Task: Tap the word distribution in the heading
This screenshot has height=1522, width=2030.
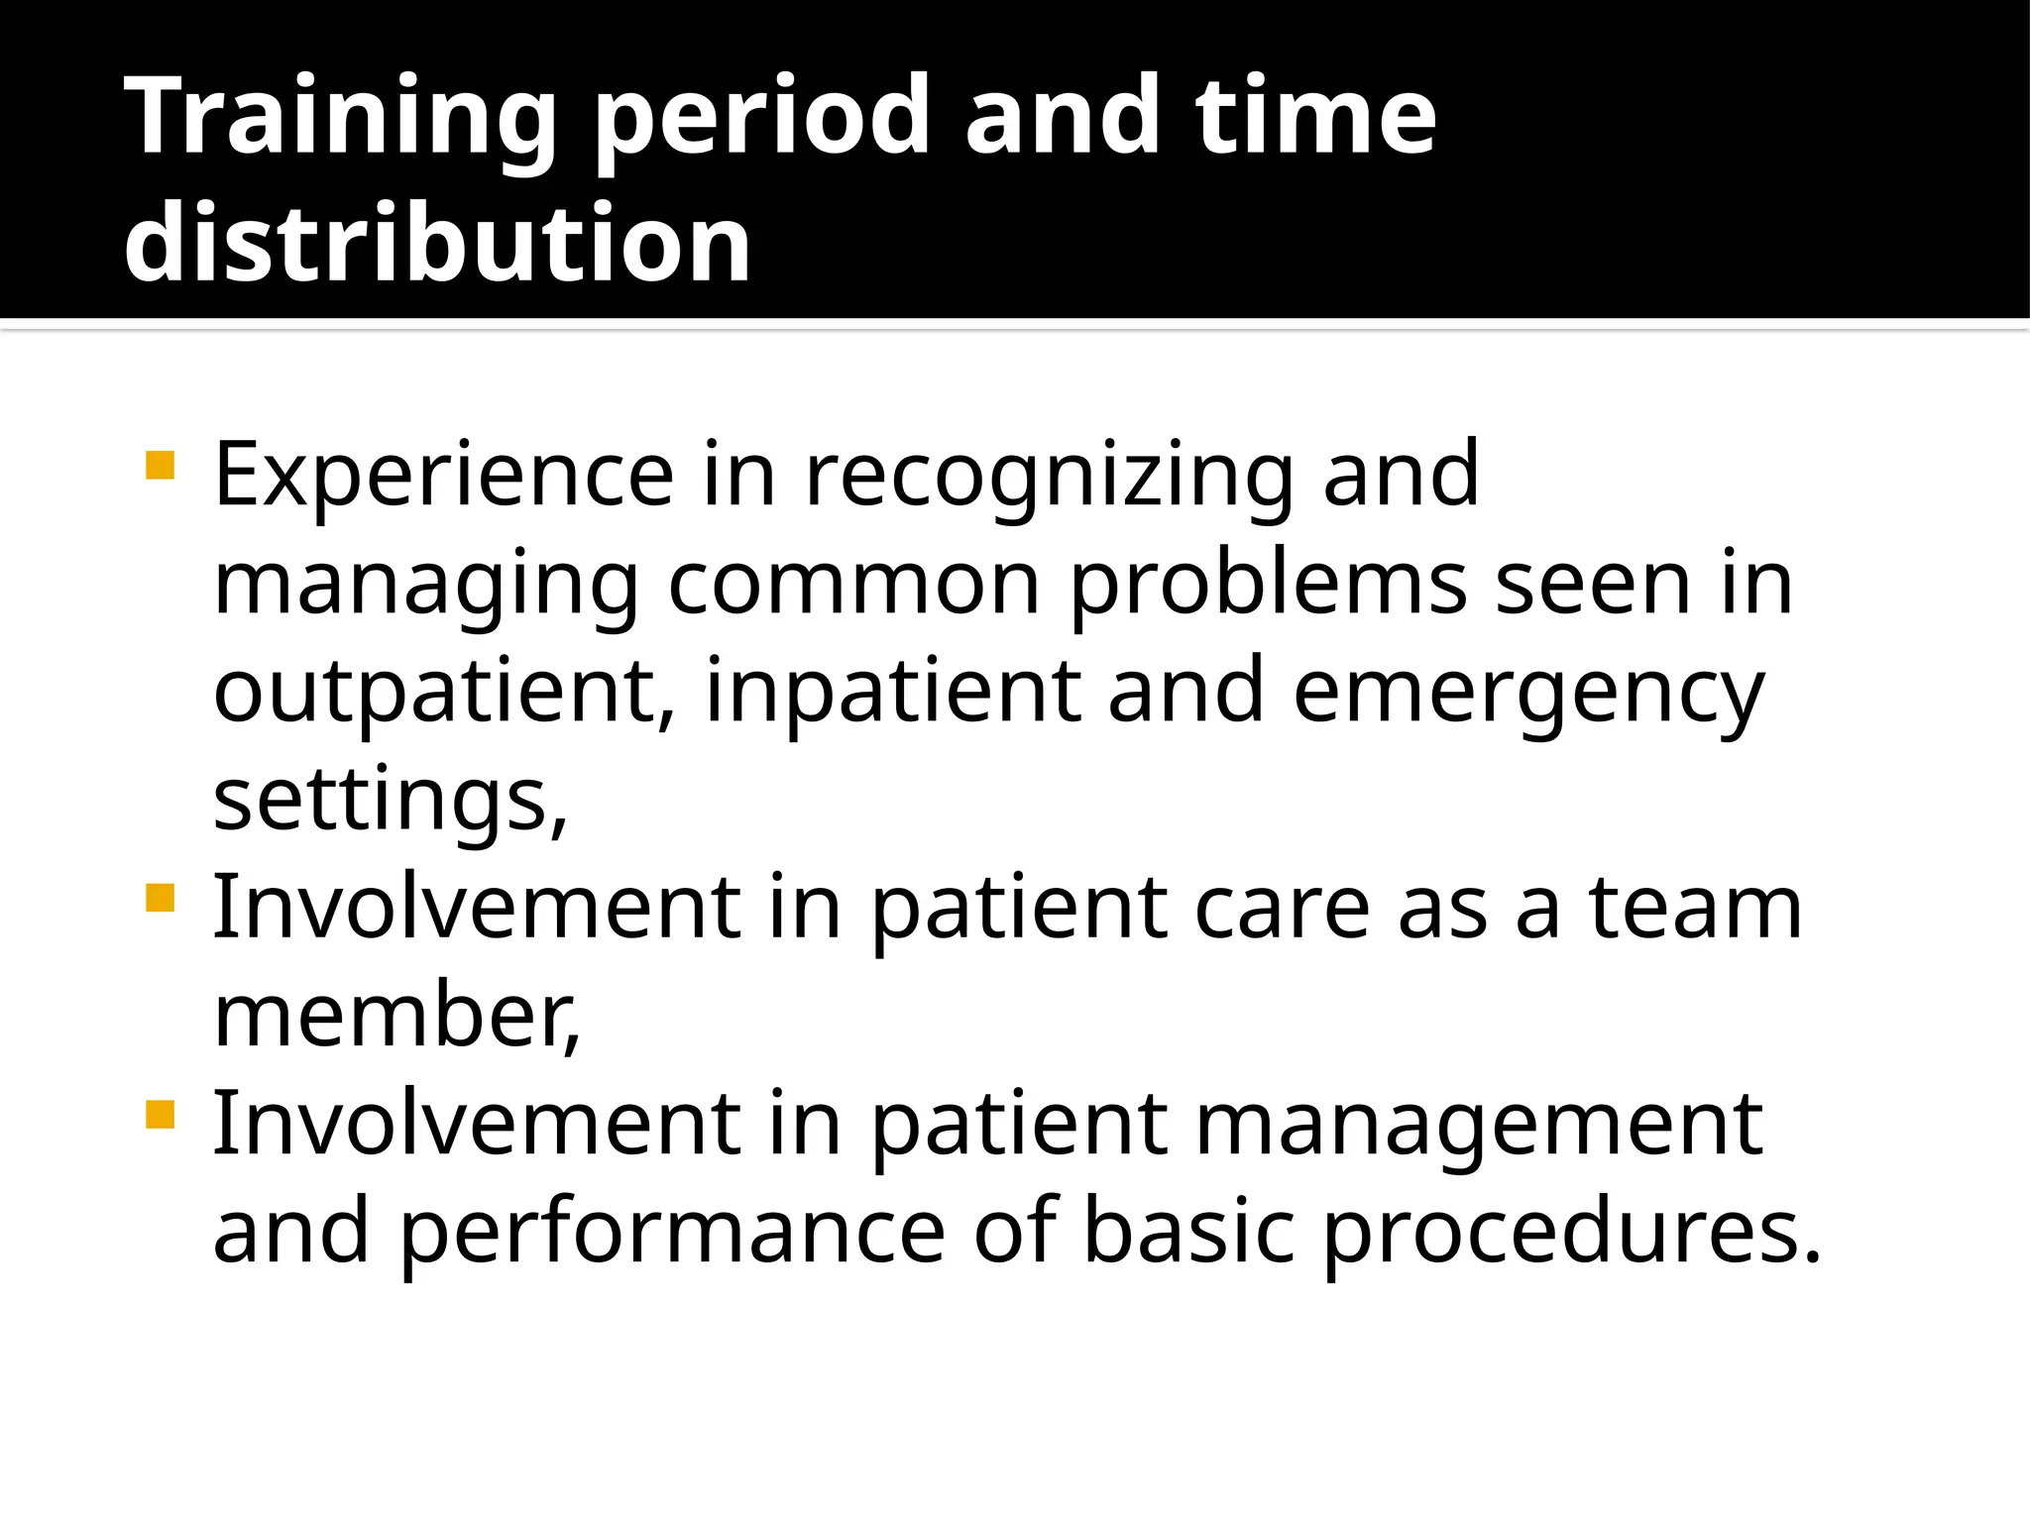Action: point(437,244)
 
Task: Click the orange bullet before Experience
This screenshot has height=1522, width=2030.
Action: point(160,465)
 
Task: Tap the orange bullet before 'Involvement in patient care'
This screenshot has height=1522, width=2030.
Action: point(160,898)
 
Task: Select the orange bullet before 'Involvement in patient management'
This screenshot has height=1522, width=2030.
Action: point(160,1115)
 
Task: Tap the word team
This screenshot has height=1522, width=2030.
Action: point(1696,909)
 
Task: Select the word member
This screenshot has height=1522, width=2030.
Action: point(395,1017)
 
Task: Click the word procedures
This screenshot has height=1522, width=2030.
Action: point(1572,1234)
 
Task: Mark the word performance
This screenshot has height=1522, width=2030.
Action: point(673,1234)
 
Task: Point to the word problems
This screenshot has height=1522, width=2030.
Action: point(1269,585)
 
